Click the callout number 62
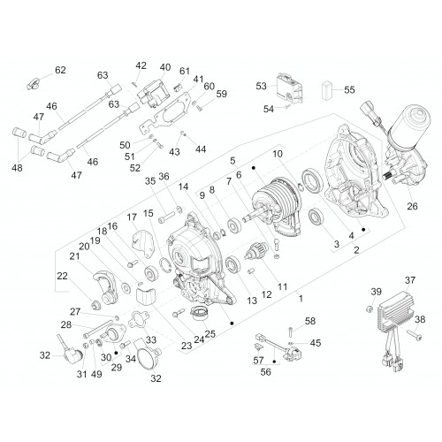60,70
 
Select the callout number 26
412,206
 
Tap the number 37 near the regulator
410,280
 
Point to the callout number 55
350,89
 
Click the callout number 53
262,86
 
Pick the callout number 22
62,276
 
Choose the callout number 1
301,299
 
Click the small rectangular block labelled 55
326,88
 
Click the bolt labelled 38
415,335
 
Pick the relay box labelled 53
289,88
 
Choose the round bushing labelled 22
95,305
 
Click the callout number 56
265,371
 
